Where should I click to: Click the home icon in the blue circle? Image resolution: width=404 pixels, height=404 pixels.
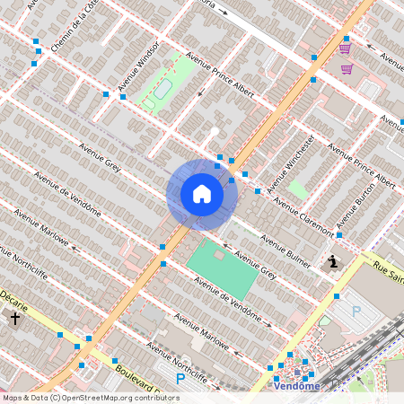pos(202,194)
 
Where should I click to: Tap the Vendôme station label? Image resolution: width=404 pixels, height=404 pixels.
pos(296,386)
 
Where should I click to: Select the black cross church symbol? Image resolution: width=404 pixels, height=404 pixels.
pos(15,319)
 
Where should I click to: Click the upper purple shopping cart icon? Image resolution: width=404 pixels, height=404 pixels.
pos(345,48)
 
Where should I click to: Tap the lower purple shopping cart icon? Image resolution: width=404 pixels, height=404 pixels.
pos(347,68)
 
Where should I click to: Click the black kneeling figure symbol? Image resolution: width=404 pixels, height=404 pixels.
pos(333,262)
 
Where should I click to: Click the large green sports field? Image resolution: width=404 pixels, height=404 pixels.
pos(222,268)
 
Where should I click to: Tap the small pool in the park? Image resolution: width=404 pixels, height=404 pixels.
pos(162,89)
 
